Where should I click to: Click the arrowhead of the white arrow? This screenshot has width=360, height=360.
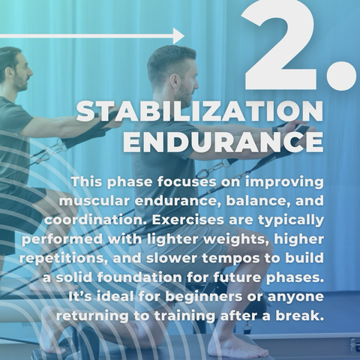pos(179,36)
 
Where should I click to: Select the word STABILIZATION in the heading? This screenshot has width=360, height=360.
pos(199,112)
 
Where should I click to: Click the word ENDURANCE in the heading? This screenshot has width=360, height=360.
pos(223,142)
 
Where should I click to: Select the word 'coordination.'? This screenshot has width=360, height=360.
pos(96,220)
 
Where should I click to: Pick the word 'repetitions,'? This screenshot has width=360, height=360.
pos(64,259)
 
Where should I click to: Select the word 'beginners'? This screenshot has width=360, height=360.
pos(204,297)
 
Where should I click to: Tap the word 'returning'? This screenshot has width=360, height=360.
pos(93,316)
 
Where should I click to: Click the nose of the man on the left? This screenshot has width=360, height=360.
pos(31,73)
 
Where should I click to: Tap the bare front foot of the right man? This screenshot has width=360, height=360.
pos(238,346)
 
